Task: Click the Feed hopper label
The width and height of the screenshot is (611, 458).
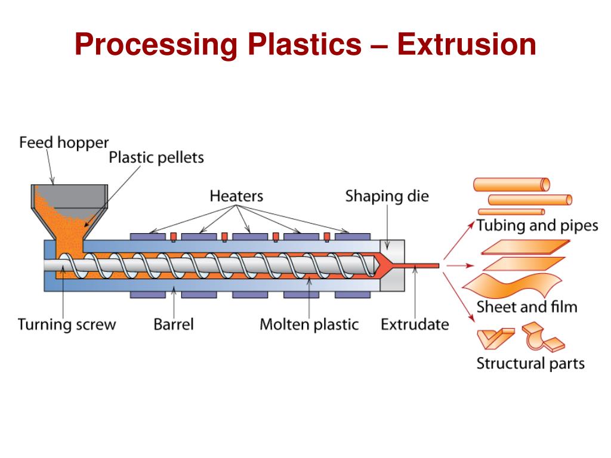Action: click(64, 143)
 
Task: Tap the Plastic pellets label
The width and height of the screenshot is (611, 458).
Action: click(156, 157)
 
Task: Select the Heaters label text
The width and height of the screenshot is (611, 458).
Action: click(236, 195)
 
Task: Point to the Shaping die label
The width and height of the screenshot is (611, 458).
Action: click(387, 196)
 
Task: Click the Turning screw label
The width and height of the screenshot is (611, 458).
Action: click(67, 324)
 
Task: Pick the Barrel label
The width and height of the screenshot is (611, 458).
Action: click(174, 324)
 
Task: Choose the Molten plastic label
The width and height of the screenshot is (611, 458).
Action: click(309, 324)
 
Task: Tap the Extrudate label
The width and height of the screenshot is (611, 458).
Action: click(415, 324)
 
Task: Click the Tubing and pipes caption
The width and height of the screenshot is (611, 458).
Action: click(537, 225)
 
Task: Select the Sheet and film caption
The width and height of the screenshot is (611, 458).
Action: click(527, 307)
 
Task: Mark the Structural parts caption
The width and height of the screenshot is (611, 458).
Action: click(530, 363)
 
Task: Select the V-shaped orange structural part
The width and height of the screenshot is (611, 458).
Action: click(494, 338)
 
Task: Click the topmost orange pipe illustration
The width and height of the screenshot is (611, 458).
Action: click(512, 184)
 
